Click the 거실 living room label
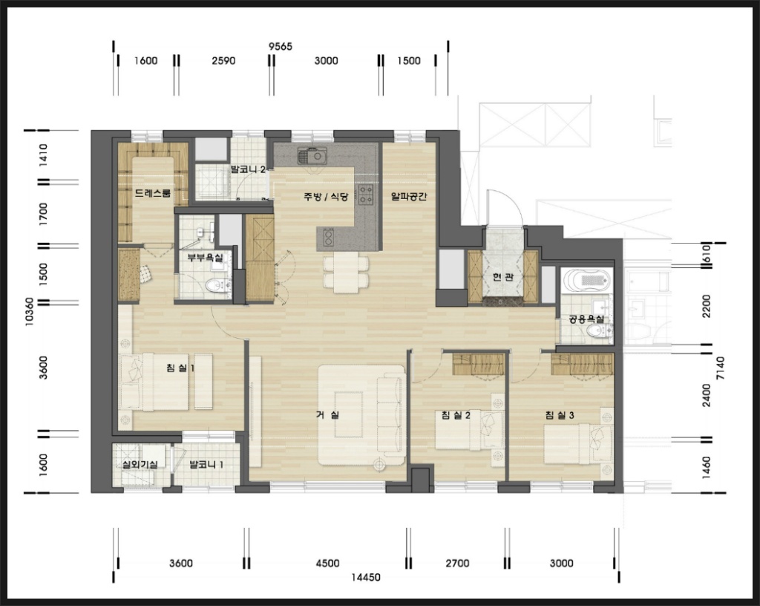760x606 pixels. tap(327, 415)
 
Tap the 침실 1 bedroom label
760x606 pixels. tap(180, 368)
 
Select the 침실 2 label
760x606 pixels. tap(456, 415)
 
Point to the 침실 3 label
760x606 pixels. tap(560, 415)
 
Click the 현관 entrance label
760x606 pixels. tap(502, 277)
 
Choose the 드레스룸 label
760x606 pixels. tap(153, 193)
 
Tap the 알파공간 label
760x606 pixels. tap(409, 197)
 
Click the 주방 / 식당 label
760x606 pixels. tap(326, 197)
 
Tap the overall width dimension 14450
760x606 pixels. tap(366, 577)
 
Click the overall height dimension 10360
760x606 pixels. tap(29, 312)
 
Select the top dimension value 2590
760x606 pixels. tap(223, 61)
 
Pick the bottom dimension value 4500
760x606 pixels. tap(327, 564)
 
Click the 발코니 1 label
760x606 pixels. tap(206, 464)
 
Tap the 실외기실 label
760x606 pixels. tap(140, 464)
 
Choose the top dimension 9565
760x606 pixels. tap(281, 47)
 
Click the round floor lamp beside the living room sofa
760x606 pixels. tap(379, 465)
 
